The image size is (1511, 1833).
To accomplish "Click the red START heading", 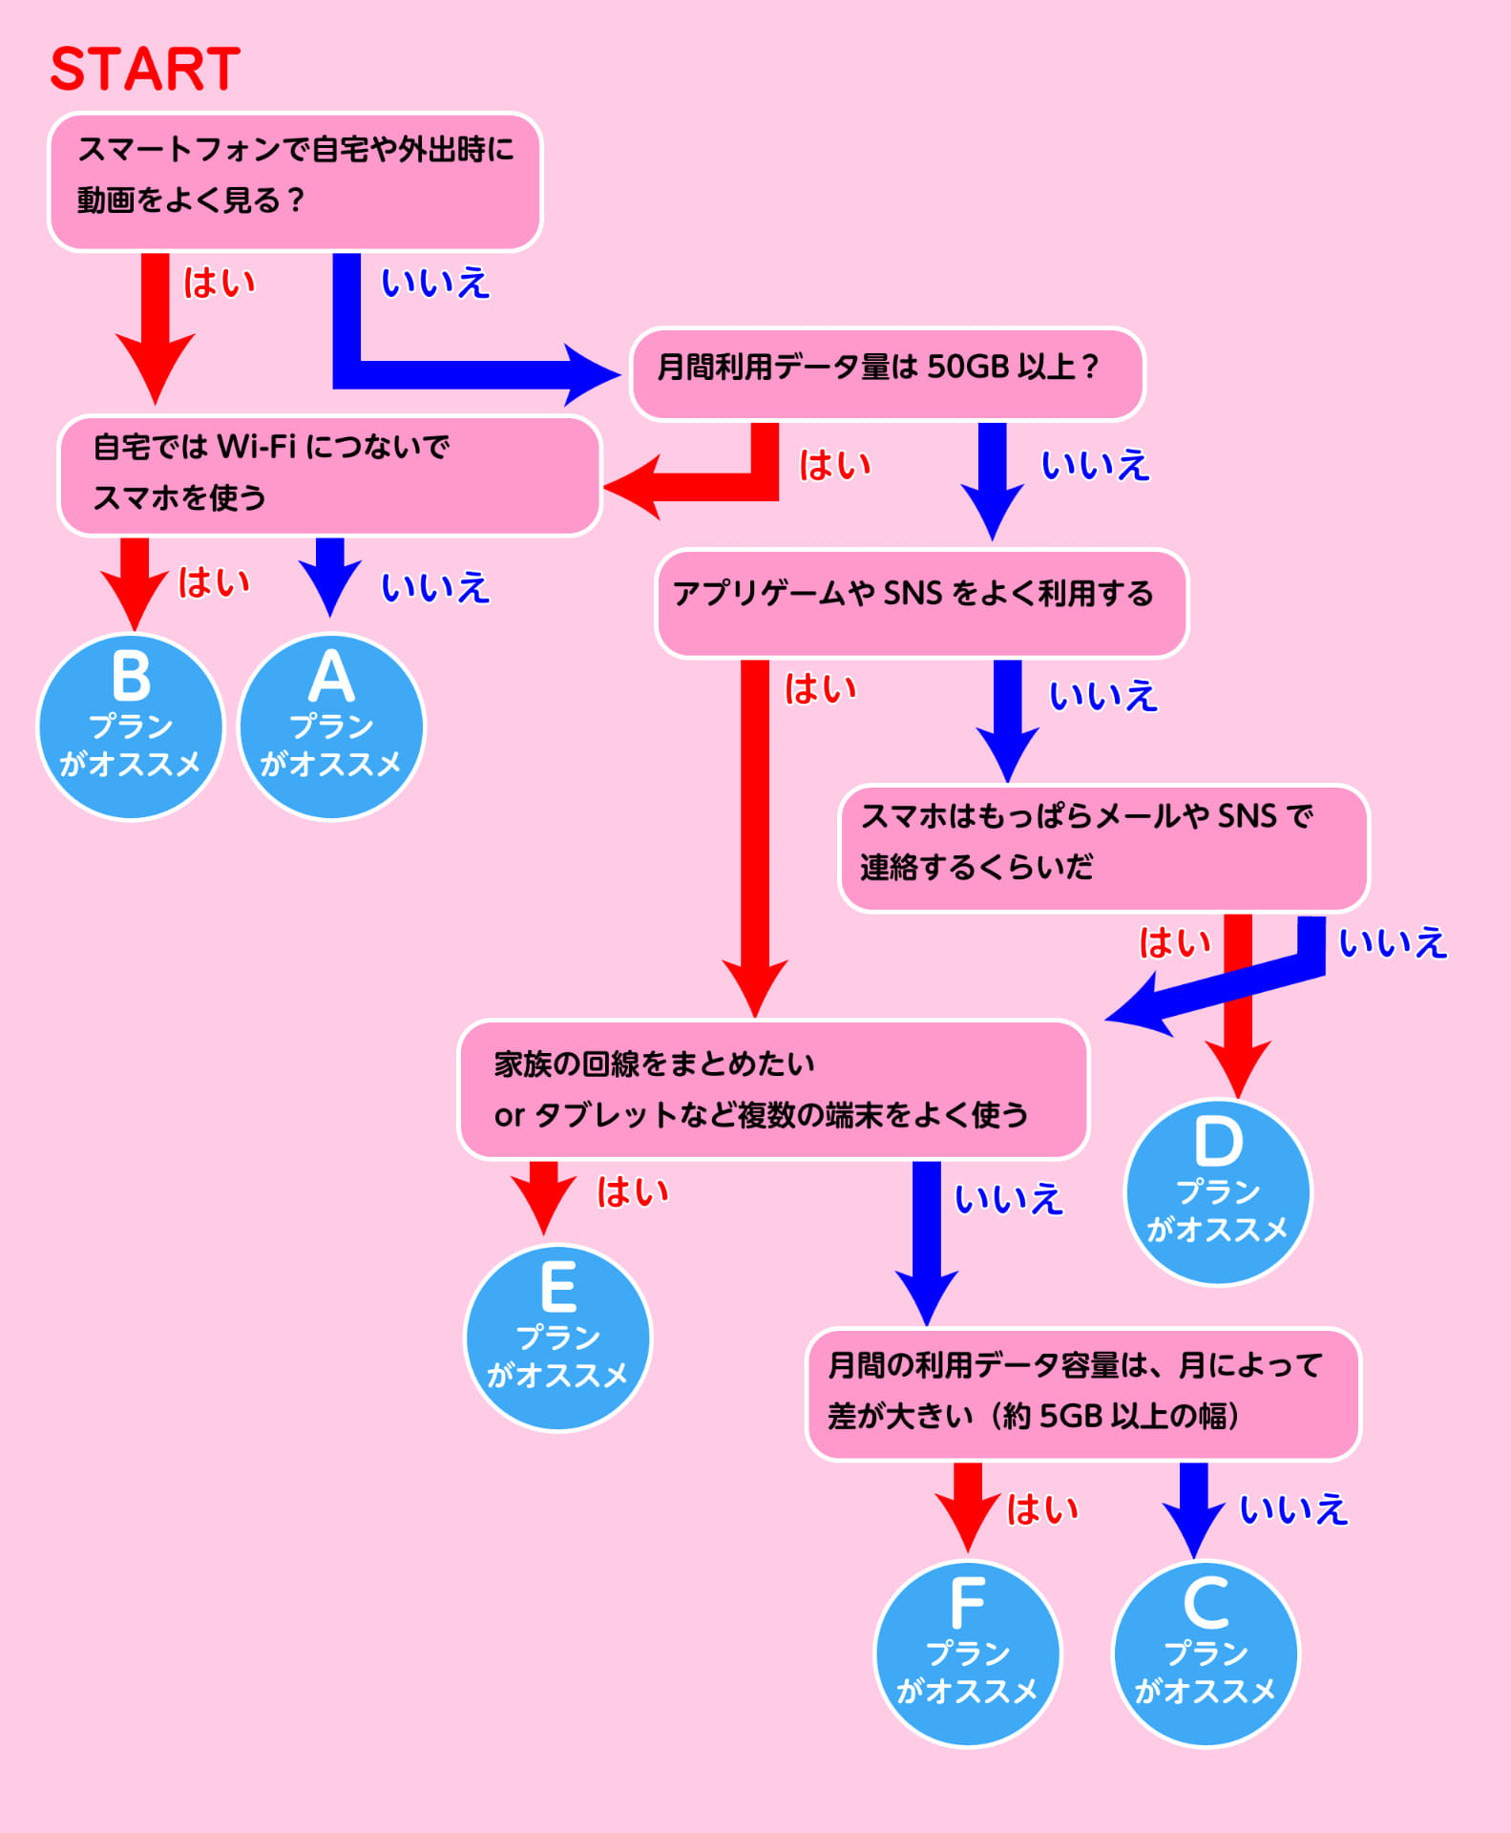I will click(x=145, y=69).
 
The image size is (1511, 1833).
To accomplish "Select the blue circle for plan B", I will click(x=131, y=727).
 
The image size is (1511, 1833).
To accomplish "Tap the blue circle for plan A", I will click(x=331, y=727).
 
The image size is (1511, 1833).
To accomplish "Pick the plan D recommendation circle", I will click(x=1218, y=1192).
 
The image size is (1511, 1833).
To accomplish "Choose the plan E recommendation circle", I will click(x=557, y=1338).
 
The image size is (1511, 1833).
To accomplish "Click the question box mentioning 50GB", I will click(x=887, y=373).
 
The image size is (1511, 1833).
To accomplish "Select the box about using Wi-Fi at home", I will click(x=329, y=474).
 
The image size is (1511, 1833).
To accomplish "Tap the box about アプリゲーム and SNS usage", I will click(x=921, y=602).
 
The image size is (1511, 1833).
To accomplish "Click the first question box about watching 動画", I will click(x=295, y=181).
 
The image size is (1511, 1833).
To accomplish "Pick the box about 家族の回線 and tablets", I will click(x=773, y=1089).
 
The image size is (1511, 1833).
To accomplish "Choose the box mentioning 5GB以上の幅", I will click(x=1082, y=1394).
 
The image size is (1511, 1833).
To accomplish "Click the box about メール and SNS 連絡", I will click(x=1103, y=848).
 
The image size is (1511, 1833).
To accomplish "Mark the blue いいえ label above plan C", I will click(x=1293, y=1509).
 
